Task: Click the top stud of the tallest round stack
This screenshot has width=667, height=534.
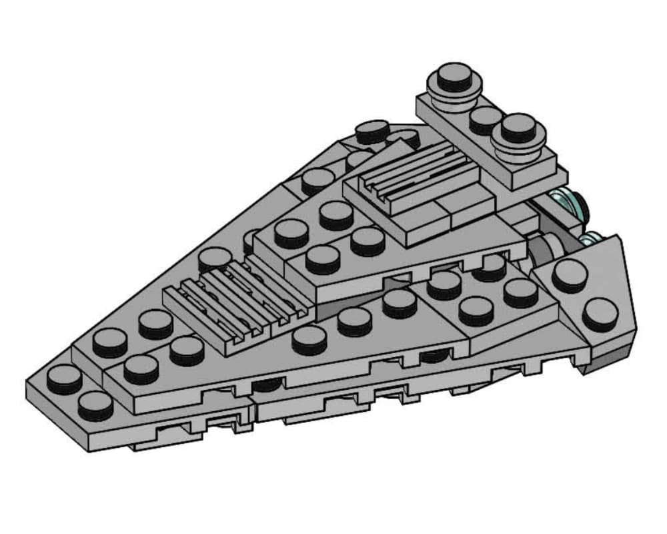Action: (x=455, y=75)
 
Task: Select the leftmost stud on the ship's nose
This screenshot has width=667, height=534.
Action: (x=64, y=378)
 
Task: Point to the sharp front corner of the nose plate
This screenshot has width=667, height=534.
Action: (x=28, y=383)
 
